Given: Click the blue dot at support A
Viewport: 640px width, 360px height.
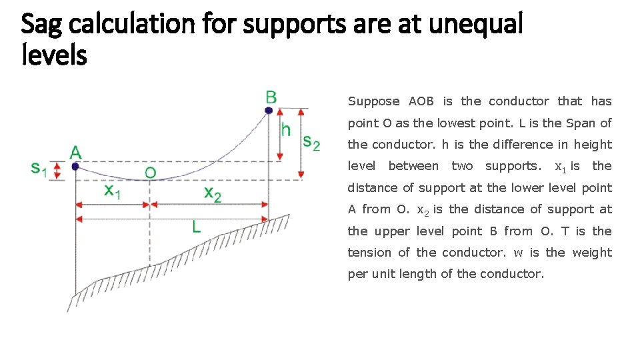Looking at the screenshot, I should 75,166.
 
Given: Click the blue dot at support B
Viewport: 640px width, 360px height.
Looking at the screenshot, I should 269,110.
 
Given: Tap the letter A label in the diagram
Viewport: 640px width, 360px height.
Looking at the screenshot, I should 75,152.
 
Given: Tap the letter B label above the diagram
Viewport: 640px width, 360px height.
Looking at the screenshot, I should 271,97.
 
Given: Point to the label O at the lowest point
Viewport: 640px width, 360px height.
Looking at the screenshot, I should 151,173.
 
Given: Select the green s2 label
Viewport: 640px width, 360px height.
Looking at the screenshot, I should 311,141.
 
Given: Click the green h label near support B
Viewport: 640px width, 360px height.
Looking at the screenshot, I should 285,129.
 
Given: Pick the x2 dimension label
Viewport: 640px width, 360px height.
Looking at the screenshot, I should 213,193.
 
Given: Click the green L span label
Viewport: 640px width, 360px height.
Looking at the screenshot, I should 196,227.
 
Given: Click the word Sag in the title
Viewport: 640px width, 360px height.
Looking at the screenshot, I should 43,25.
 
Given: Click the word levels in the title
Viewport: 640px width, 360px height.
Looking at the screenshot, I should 54,55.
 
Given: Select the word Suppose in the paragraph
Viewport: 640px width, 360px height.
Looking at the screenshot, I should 373,101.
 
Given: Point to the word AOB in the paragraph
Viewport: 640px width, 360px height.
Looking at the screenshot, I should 421,101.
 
